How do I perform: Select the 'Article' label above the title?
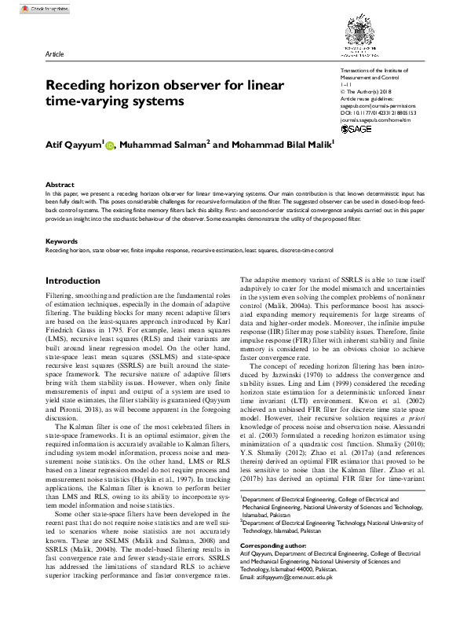(x=55, y=56)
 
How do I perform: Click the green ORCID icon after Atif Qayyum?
(x=109, y=145)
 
